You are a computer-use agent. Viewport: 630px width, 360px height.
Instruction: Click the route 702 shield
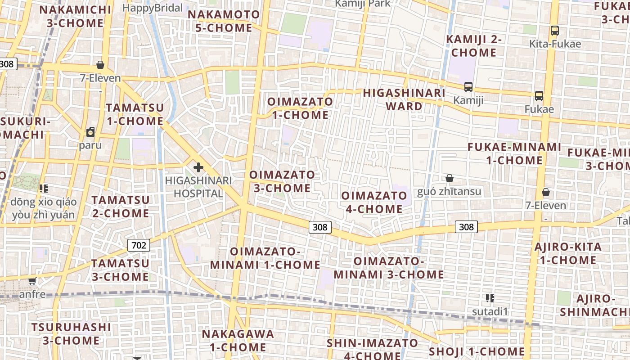139,245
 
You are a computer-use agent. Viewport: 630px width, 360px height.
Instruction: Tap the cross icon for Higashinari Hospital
198,168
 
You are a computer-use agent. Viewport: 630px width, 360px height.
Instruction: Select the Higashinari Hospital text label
198,187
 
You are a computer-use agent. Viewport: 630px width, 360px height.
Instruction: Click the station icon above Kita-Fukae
554,31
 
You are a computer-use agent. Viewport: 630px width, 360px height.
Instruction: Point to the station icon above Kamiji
468,86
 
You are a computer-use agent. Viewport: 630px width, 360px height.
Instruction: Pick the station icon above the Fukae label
539,96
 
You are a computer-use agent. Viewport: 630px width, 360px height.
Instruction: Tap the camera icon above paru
90,132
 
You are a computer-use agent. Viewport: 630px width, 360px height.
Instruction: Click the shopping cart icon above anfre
32,281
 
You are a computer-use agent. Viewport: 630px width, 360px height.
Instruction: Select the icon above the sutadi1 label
490,298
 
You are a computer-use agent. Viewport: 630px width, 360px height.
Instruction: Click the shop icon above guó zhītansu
449,178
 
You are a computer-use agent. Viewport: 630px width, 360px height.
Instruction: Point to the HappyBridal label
153,8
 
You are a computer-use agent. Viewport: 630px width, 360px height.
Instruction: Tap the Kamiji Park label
363,4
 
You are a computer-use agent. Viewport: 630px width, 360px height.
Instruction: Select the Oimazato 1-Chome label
300,108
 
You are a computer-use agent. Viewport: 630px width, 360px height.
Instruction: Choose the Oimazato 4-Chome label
374,202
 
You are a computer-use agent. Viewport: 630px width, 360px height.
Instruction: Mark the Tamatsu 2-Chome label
121,206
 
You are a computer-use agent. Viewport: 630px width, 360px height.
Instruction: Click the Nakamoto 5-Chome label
224,21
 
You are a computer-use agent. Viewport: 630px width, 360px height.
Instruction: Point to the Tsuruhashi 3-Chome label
71,333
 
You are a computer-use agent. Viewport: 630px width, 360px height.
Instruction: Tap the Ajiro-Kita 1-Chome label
568,253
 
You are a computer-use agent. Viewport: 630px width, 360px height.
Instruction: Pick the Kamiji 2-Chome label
473,46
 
